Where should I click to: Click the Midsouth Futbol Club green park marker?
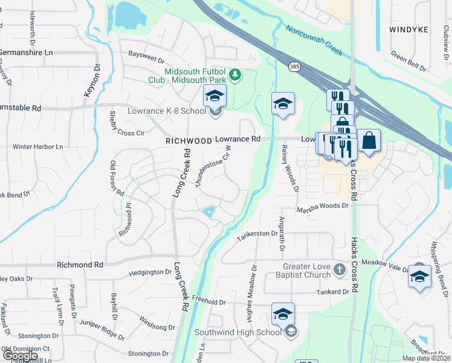click(x=237, y=75)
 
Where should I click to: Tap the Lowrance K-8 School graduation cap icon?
click(x=214, y=97)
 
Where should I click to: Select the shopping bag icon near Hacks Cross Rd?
click(x=369, y=141)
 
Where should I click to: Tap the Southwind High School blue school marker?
click(x=283, y=315)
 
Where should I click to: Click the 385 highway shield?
click(x=294, y=65)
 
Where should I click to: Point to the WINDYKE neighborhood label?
click(x=408, y=29)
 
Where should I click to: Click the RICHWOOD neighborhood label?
click(x=189, y=140)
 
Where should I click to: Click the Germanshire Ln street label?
click(x=27, y=53)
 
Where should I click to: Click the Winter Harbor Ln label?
click(x=38, y=146)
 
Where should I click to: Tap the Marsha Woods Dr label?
click(x=323, y=206)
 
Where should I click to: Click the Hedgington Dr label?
click(x=150, y=273)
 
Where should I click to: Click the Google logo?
click(x=20, y=356)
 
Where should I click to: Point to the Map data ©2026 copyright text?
click(x=425, y=358)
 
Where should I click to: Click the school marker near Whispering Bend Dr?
click(x=419, y=276)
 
